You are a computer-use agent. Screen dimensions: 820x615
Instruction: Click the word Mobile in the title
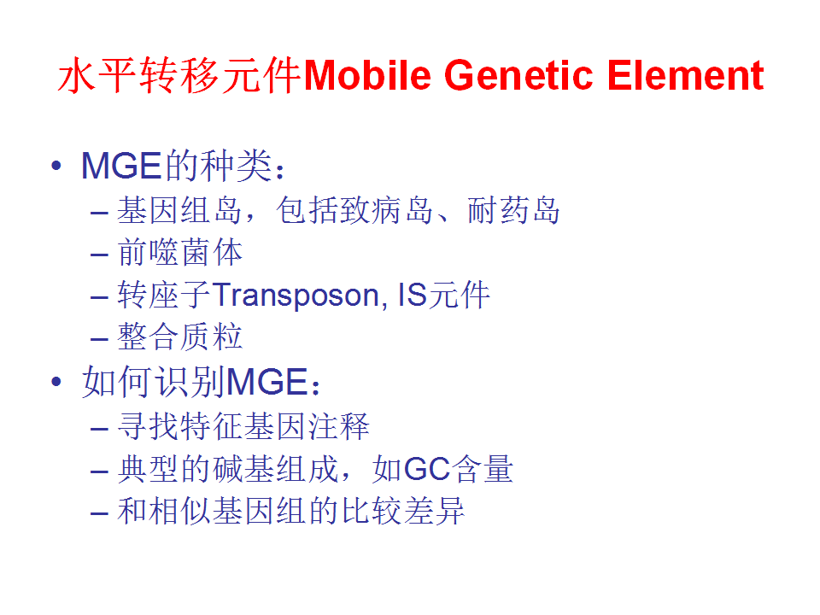click(x=367, y=75)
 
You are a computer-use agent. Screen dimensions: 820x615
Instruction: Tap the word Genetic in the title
click(x=518, y=75)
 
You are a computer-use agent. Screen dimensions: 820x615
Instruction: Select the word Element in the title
click(x=685, y=75)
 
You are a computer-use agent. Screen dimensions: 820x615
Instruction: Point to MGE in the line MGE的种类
click(x=121, y=166)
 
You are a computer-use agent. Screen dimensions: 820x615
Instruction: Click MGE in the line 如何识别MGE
click(x=267, y=381)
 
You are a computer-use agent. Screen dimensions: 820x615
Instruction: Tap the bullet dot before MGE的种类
click(x=56, y=166)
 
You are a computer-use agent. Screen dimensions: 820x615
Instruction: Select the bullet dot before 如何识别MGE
click(x=56, y=381)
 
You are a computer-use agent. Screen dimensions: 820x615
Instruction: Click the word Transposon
click(x=296, y=296)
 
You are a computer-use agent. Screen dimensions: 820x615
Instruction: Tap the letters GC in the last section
click(x=427, y=469)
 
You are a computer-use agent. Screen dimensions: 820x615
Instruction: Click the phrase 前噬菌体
click(x=180, y=253)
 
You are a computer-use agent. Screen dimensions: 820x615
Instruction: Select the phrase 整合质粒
click(x=180, y=337)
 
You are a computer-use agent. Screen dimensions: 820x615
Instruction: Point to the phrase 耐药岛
click(x=513, y=210)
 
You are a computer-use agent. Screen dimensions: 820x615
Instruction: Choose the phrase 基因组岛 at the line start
click(x=179, y=210)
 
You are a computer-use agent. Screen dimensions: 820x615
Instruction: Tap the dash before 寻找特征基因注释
click(x=99, y=429)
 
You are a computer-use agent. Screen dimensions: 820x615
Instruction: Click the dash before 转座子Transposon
click(x=99, y=297)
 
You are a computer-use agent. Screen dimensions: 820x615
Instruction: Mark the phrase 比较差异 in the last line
click(x=403, y=511)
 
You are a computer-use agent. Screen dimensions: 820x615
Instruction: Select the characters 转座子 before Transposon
click(x=164, y=295)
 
